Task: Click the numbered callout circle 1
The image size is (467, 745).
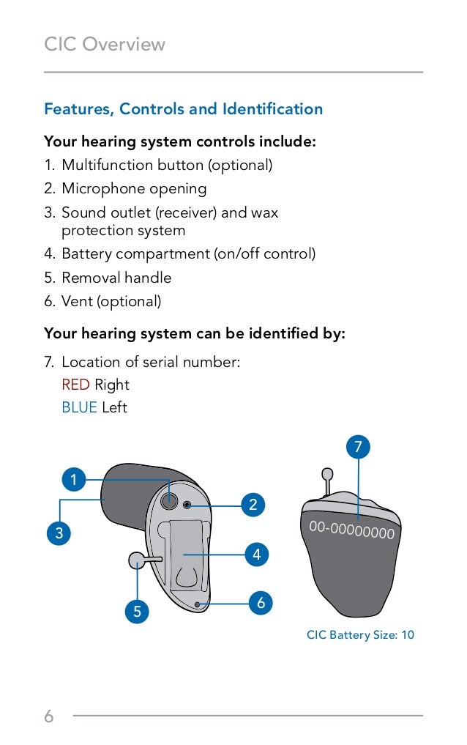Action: click(x=72, y=481)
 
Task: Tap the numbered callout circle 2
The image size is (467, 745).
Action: click(x=253, y=505)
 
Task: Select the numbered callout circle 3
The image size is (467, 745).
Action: click(x=59, y=533)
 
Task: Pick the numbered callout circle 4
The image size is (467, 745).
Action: click(x=256, y=555)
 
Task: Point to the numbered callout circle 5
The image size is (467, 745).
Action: click(x=137, y=611)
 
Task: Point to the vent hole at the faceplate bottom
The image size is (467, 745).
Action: click(x=198, y=604)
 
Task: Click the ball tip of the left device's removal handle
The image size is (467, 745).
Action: click(x=136, y=560)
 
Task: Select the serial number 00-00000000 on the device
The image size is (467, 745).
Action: click(x=351, y=530)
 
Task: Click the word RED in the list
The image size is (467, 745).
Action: click(x=75, y=385)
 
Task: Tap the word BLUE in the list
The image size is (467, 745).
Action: click(x=79, y=407)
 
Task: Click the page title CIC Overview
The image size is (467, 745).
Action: click(x=105, y=45)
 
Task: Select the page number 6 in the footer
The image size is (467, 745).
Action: click(x=49, y=716)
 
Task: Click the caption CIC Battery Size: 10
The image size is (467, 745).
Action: click(x=360, y=635)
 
